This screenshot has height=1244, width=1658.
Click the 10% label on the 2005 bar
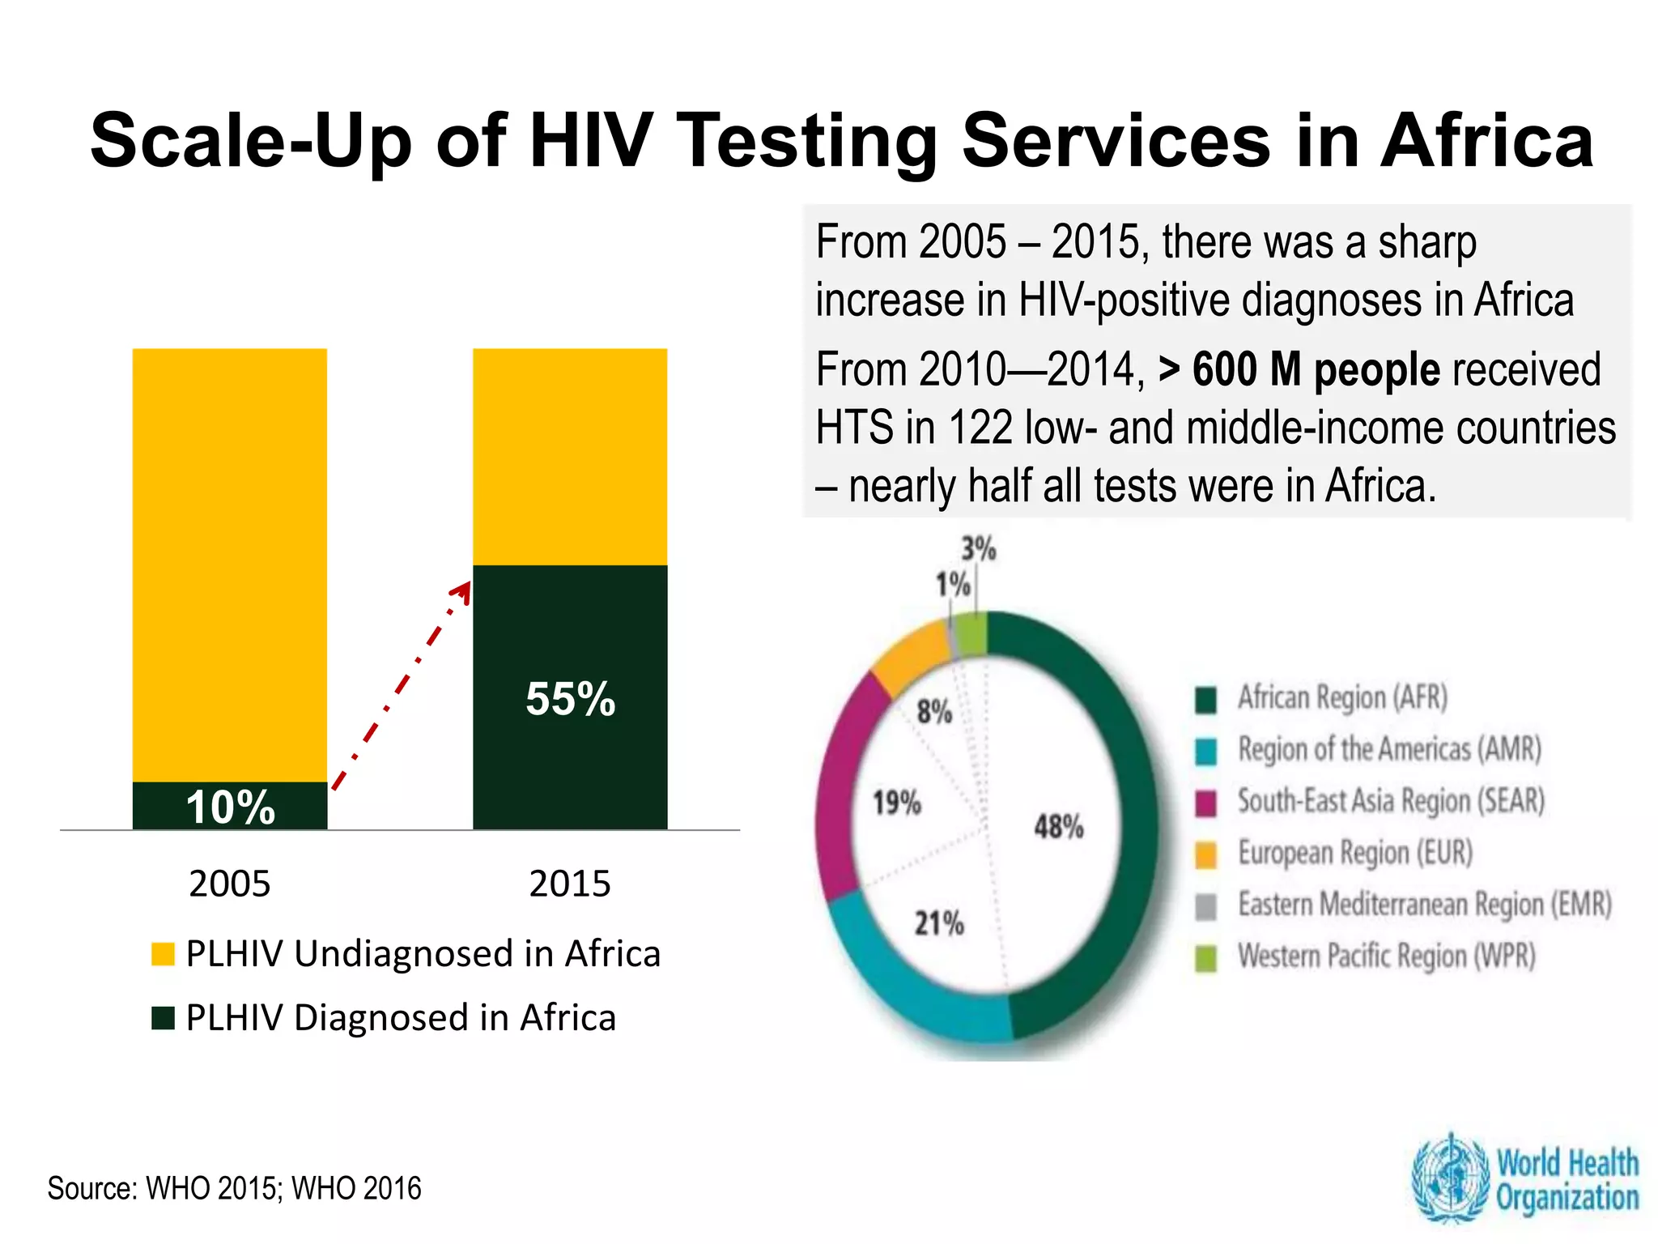point(231,807)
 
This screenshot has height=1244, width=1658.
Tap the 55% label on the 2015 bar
point(570,698)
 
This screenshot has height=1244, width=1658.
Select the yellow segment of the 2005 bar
point(230,564)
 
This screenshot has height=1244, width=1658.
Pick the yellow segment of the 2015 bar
point(570,456)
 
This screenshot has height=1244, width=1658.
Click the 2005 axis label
point(230,884)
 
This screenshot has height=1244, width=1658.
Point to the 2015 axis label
point(570,884)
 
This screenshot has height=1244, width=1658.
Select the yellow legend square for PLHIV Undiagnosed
point(163,954)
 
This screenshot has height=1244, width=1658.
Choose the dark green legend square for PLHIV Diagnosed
point(163,1018)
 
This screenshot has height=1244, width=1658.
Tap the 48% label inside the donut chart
point(1058,827)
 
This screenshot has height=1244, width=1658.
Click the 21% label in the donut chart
point(939,923)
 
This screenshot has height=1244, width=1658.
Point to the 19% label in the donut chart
point(896,803)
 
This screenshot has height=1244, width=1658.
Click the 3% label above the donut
point(978,549)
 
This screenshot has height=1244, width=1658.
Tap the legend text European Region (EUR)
point(1354,853)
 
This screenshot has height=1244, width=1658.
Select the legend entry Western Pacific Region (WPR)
point(1386,956)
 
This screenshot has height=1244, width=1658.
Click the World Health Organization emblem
point(1449,1178)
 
